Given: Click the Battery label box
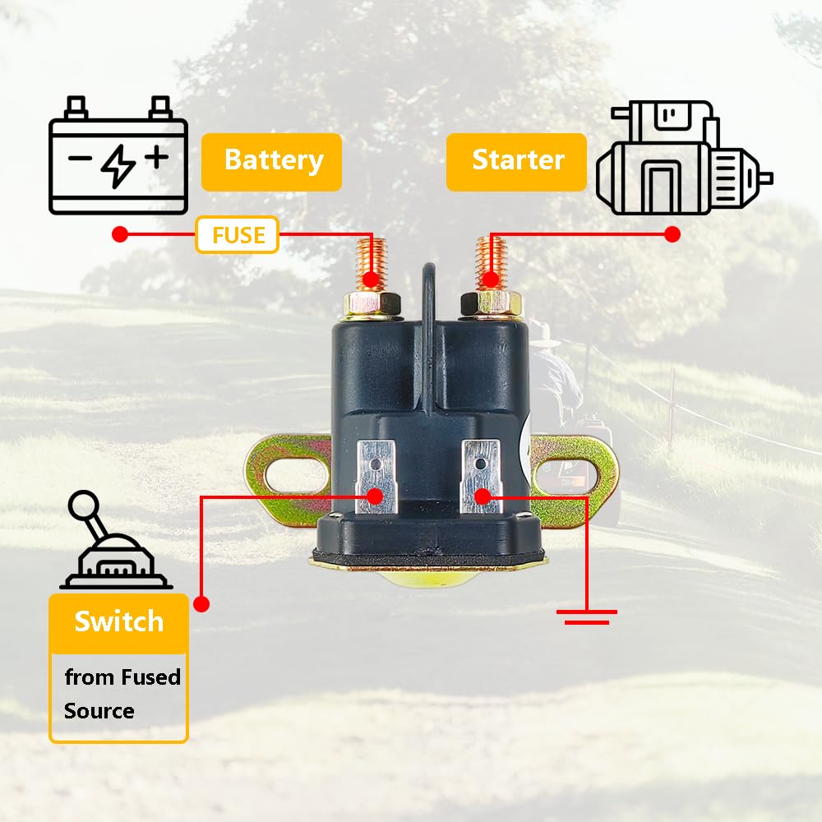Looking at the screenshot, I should pos(272,161).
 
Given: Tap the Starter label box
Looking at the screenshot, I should pos(517,161).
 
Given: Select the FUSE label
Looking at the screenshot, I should pos(238,236).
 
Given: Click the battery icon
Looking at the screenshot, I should pos(118,156).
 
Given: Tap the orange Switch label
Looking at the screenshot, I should pos(118,622).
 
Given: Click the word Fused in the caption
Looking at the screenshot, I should pos(150,677).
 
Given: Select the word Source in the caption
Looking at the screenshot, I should pos(99,711).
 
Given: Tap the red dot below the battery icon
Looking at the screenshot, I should pos(120,234).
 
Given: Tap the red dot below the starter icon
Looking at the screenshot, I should pos(672,234).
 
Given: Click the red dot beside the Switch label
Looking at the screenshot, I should pos(201,604).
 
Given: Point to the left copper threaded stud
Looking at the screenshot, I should pos(372,261).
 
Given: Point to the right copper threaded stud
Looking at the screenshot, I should pos(492,261).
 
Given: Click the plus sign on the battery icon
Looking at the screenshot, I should pos(156,155).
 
